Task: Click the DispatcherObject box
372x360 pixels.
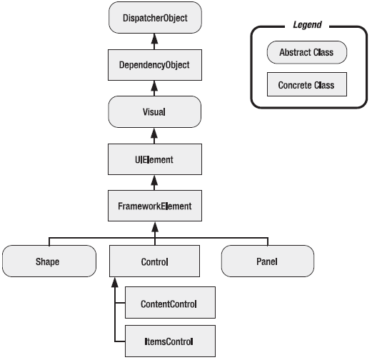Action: (154, 18)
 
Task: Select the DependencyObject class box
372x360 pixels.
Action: (154, 66)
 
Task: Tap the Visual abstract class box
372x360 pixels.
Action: (154, 113)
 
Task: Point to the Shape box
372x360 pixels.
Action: (49, 261)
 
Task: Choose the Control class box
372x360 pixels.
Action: (154, 261)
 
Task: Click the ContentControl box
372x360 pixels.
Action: (169, 304)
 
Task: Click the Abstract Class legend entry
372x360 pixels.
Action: (306, 52)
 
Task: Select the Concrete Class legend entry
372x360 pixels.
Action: (306, 86)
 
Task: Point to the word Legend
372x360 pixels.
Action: (307, 25)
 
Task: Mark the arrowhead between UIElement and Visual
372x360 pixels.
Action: (154, 134)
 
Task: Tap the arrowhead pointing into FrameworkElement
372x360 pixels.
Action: (154, 228)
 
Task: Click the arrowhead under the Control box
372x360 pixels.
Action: (114, 283)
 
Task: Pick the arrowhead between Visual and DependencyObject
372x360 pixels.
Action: (154, 86)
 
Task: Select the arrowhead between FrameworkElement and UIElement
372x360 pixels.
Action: (154, 181)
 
